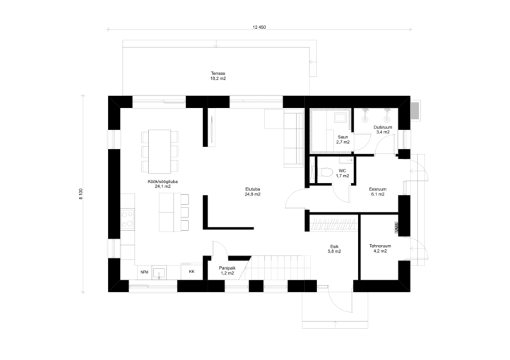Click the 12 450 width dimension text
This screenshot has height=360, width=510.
point(259,28)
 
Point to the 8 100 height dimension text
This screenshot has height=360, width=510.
point(81,194)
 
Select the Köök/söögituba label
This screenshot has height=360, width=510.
point(162,184)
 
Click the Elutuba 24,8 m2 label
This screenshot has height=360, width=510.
point(253,192)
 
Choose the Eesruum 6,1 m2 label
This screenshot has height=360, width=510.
point(378,192)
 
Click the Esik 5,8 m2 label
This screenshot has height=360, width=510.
point(334,249)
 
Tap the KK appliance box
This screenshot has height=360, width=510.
point(192,272)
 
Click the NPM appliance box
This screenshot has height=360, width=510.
point(144,272)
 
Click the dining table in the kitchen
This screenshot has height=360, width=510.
point(160,151)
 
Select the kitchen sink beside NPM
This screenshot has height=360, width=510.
point(159,272)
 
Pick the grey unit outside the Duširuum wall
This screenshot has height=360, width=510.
point(415,110)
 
